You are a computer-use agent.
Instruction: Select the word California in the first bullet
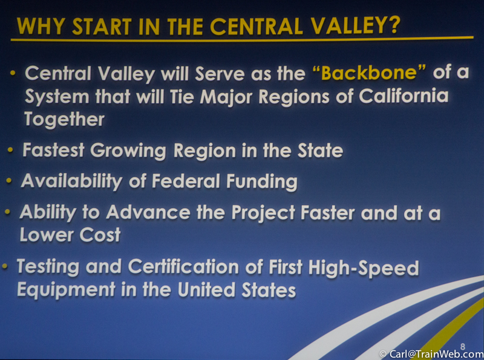(x=403, y=96)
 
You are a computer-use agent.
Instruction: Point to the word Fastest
(x=53, y=151)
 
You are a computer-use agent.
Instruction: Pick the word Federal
(x=186, y=181)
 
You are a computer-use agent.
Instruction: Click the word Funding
(x=262, y=182)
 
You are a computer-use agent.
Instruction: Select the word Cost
(x=100, y=235)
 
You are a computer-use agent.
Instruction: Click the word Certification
(x=183, y=267)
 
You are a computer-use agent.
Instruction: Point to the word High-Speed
(x=364, y=268)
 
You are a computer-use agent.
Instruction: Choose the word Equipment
(x=66, y=290)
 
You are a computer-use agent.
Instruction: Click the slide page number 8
(x=462, y=347)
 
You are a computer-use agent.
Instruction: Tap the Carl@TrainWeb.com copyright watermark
(x=431, y=354)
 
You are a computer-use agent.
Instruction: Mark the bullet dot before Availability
(x=9, y=181)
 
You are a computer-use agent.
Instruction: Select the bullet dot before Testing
(x=5, y=266)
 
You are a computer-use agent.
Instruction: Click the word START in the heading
(x=102, y=26)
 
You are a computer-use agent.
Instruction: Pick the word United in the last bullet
(x=206, y=290)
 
